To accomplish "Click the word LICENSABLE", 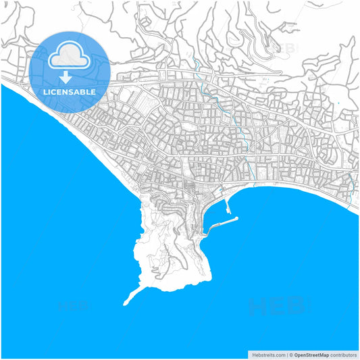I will tap(69, 91).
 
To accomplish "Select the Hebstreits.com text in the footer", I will tap(267, 354).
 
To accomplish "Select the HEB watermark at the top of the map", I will tap(284, 47).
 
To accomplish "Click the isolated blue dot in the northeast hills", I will tap(337, 103).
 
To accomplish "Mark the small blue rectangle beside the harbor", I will tap(220, 190).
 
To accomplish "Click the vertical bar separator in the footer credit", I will tap(288, 354).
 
